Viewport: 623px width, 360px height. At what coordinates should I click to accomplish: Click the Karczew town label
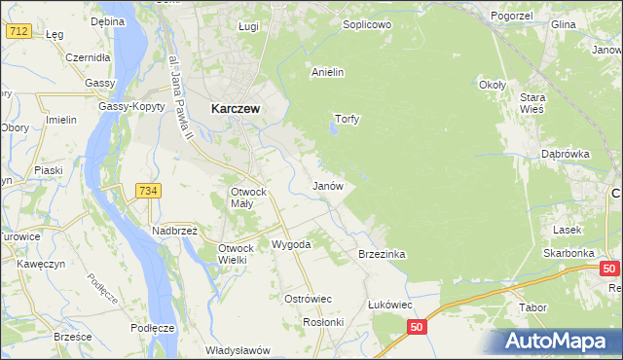(235, 110)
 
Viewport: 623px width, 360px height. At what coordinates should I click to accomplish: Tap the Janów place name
(326, 185)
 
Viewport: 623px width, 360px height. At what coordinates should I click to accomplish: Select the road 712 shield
(18, 31)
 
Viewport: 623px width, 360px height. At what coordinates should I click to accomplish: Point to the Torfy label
(348, 120)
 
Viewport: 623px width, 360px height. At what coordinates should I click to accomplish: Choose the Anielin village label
(328, 72)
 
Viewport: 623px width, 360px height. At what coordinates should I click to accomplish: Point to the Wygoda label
(290, 244)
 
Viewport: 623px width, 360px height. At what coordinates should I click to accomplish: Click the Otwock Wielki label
(238, 254)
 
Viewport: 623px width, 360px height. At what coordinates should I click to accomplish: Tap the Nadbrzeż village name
(174, 231)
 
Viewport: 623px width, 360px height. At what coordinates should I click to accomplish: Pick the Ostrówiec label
(308, 298)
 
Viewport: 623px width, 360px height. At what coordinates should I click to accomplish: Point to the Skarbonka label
(568, 253)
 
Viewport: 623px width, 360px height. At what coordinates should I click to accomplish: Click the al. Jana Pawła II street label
(180, 93)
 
